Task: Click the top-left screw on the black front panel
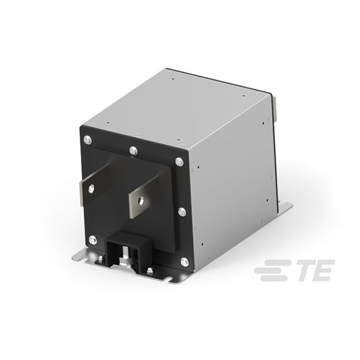click(88, 140)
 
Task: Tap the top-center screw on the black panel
click(133, 151)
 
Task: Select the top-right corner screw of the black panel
click(180, 162)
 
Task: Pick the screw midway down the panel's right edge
click(182, 211)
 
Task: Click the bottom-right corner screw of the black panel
click(184, 262)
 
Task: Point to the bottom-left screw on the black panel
click(93, 240)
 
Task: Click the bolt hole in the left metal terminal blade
click(91, 188)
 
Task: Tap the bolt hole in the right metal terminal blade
click(140, 201)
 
